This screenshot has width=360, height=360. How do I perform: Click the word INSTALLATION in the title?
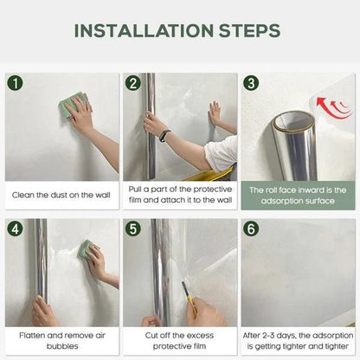coord(144,31)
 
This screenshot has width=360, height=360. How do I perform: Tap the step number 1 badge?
coord(16,83)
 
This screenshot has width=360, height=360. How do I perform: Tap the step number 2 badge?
coord(133,83)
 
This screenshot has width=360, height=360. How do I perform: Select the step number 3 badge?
coord(251,83)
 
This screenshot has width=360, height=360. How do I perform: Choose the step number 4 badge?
coord(16,229)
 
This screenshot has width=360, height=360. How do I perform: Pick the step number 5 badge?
coord(133,229)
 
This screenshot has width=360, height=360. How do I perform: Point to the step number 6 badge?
coord(251,229)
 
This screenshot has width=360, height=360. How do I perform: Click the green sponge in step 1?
coord(70,108)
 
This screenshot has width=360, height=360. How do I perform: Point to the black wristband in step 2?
coord(164,135)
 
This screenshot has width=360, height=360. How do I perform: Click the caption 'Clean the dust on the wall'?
coord(61,195)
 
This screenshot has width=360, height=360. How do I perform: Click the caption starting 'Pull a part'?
coord(179,195)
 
